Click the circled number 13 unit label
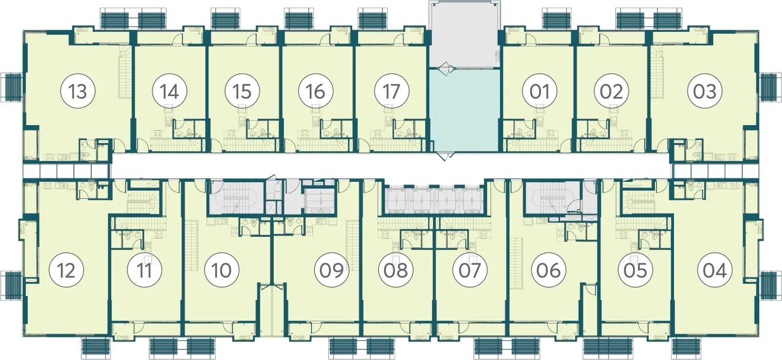(x=78, y=91)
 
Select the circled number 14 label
(x=169, y=91)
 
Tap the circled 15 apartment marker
(x=242, y=91)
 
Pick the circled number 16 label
(x=316, y=91)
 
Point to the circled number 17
(x=391, y=91)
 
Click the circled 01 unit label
(x=540, y=91)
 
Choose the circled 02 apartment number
(x=611, y=91)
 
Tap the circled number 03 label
(x=704, y=91)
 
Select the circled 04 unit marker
(x=714, y=270)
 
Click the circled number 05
(x=635, y=270)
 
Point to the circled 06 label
(x=548, y=270)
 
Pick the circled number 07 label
(x=470, y=270)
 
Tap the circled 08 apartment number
(x=395, y=270)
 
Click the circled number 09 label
(x=331, y=270)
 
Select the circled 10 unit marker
(x=221, y=270)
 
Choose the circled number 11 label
(x=144, y=270)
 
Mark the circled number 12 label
(x=66, y=270)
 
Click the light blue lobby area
(x=464, y=110)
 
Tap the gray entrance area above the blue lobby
(x=464, y=35)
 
